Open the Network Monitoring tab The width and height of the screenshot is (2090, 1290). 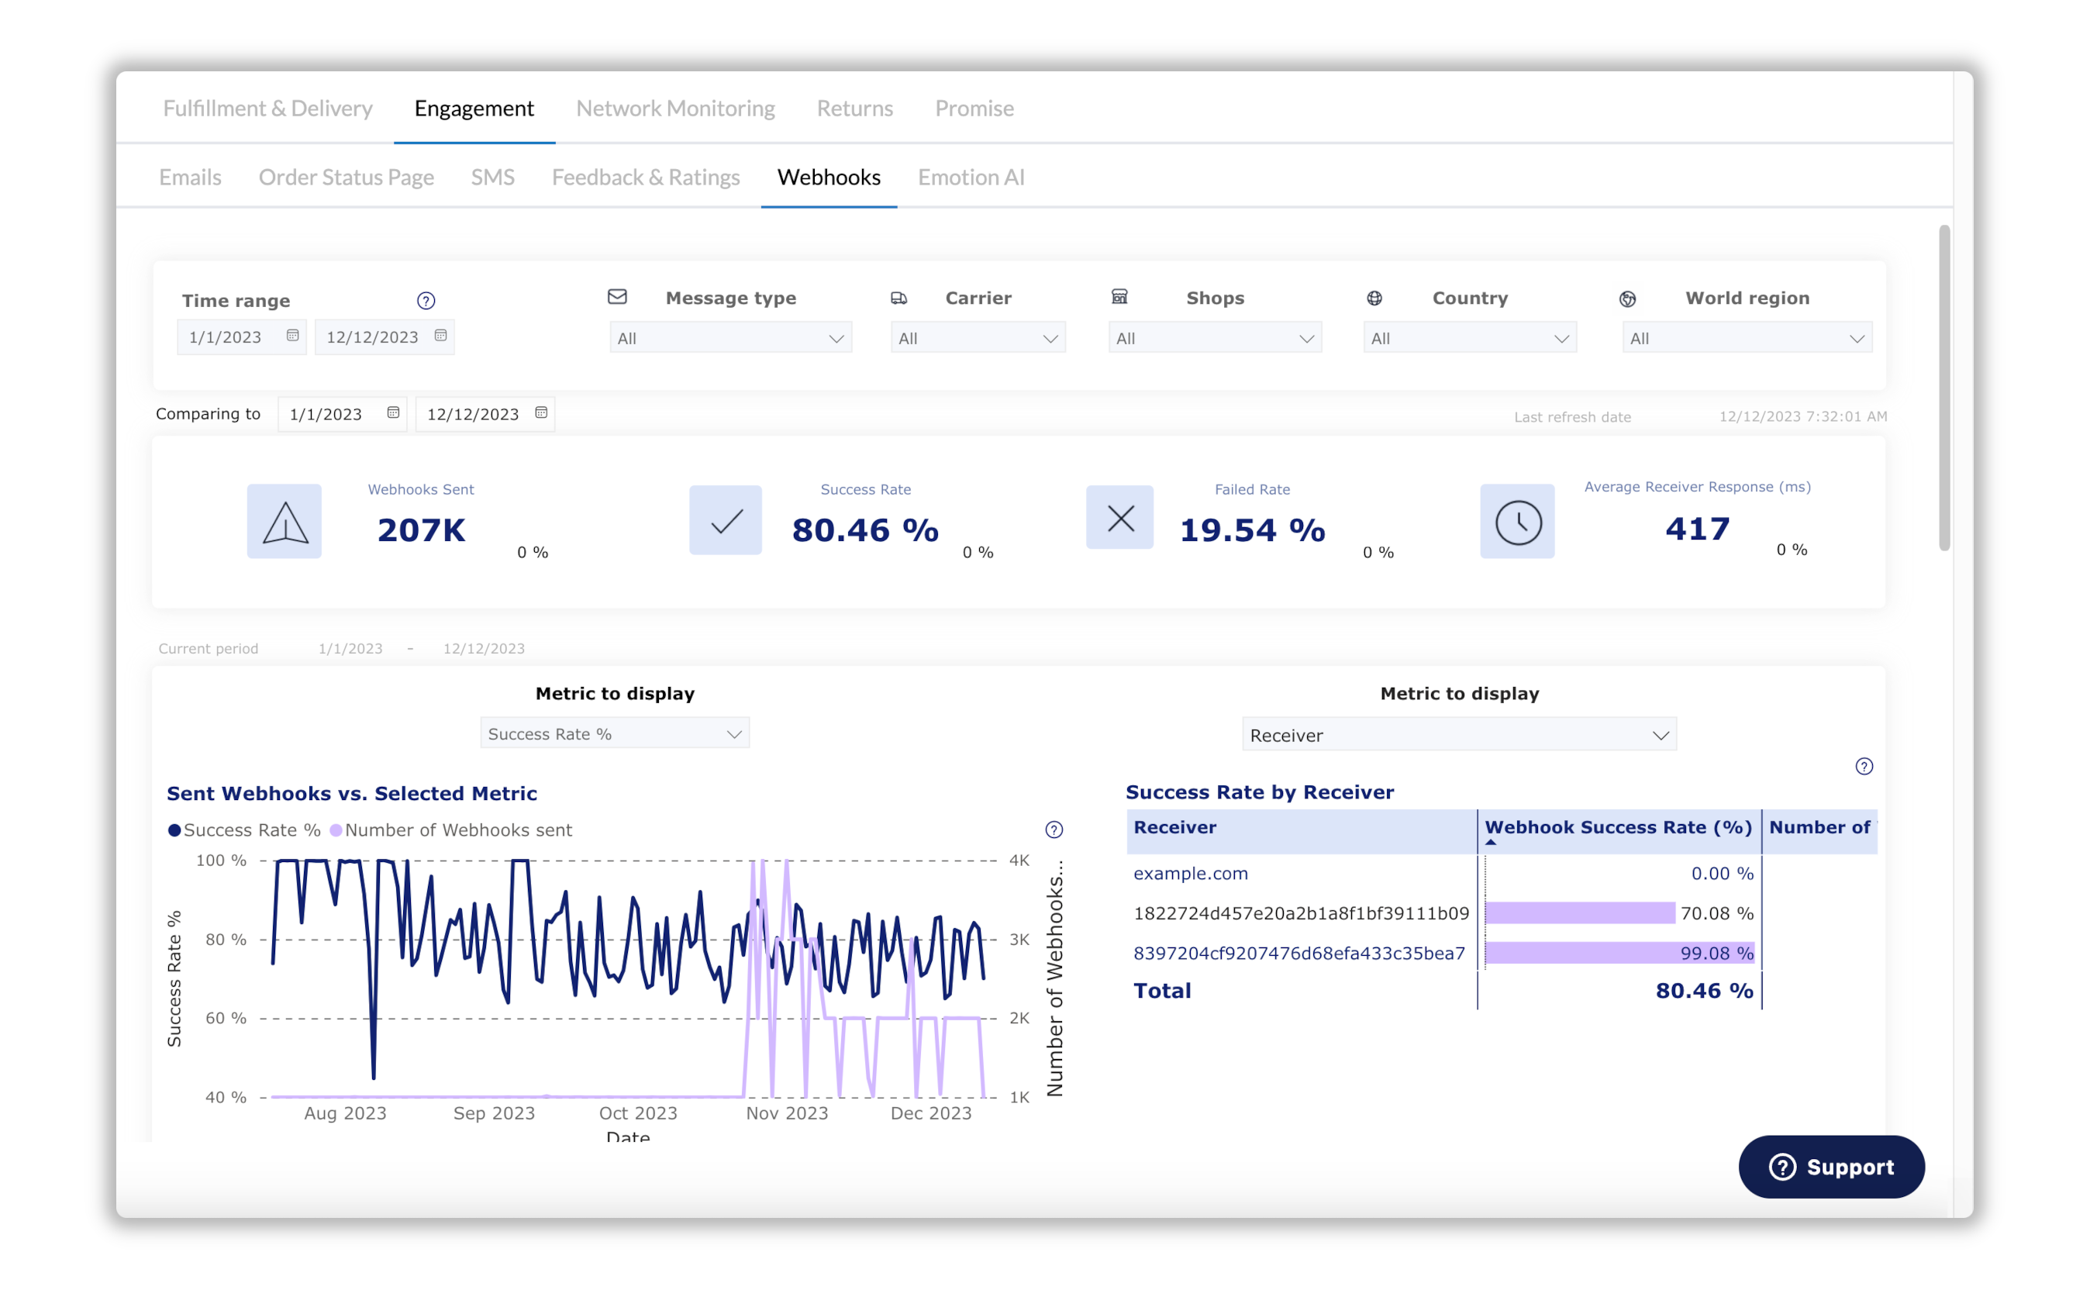pos(674,109)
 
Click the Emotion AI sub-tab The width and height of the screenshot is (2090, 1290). pos(971,178)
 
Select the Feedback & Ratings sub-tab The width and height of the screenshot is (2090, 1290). pos(646,178)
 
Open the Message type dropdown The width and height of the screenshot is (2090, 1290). pos(730,339)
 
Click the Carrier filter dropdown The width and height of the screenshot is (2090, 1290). pos(978,339)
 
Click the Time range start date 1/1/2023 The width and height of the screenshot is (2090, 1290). pos(226,337)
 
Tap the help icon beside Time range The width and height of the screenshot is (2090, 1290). pos(426,300)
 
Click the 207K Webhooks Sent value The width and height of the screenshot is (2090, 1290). pos(422,529)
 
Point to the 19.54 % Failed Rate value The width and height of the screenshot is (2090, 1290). pos(1251,529)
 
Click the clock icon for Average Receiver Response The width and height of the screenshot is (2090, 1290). pos(1517,521)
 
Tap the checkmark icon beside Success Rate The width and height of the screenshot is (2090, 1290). pos(725,520)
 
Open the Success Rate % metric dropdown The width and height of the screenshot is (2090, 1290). pos(614,733)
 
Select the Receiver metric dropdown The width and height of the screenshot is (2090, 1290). pos(1459,736)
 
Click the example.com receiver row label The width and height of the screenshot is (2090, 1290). pos(1190,874)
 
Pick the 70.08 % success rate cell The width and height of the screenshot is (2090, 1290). pos(1716,914)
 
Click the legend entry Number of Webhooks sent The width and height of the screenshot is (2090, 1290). pos(457,830)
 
